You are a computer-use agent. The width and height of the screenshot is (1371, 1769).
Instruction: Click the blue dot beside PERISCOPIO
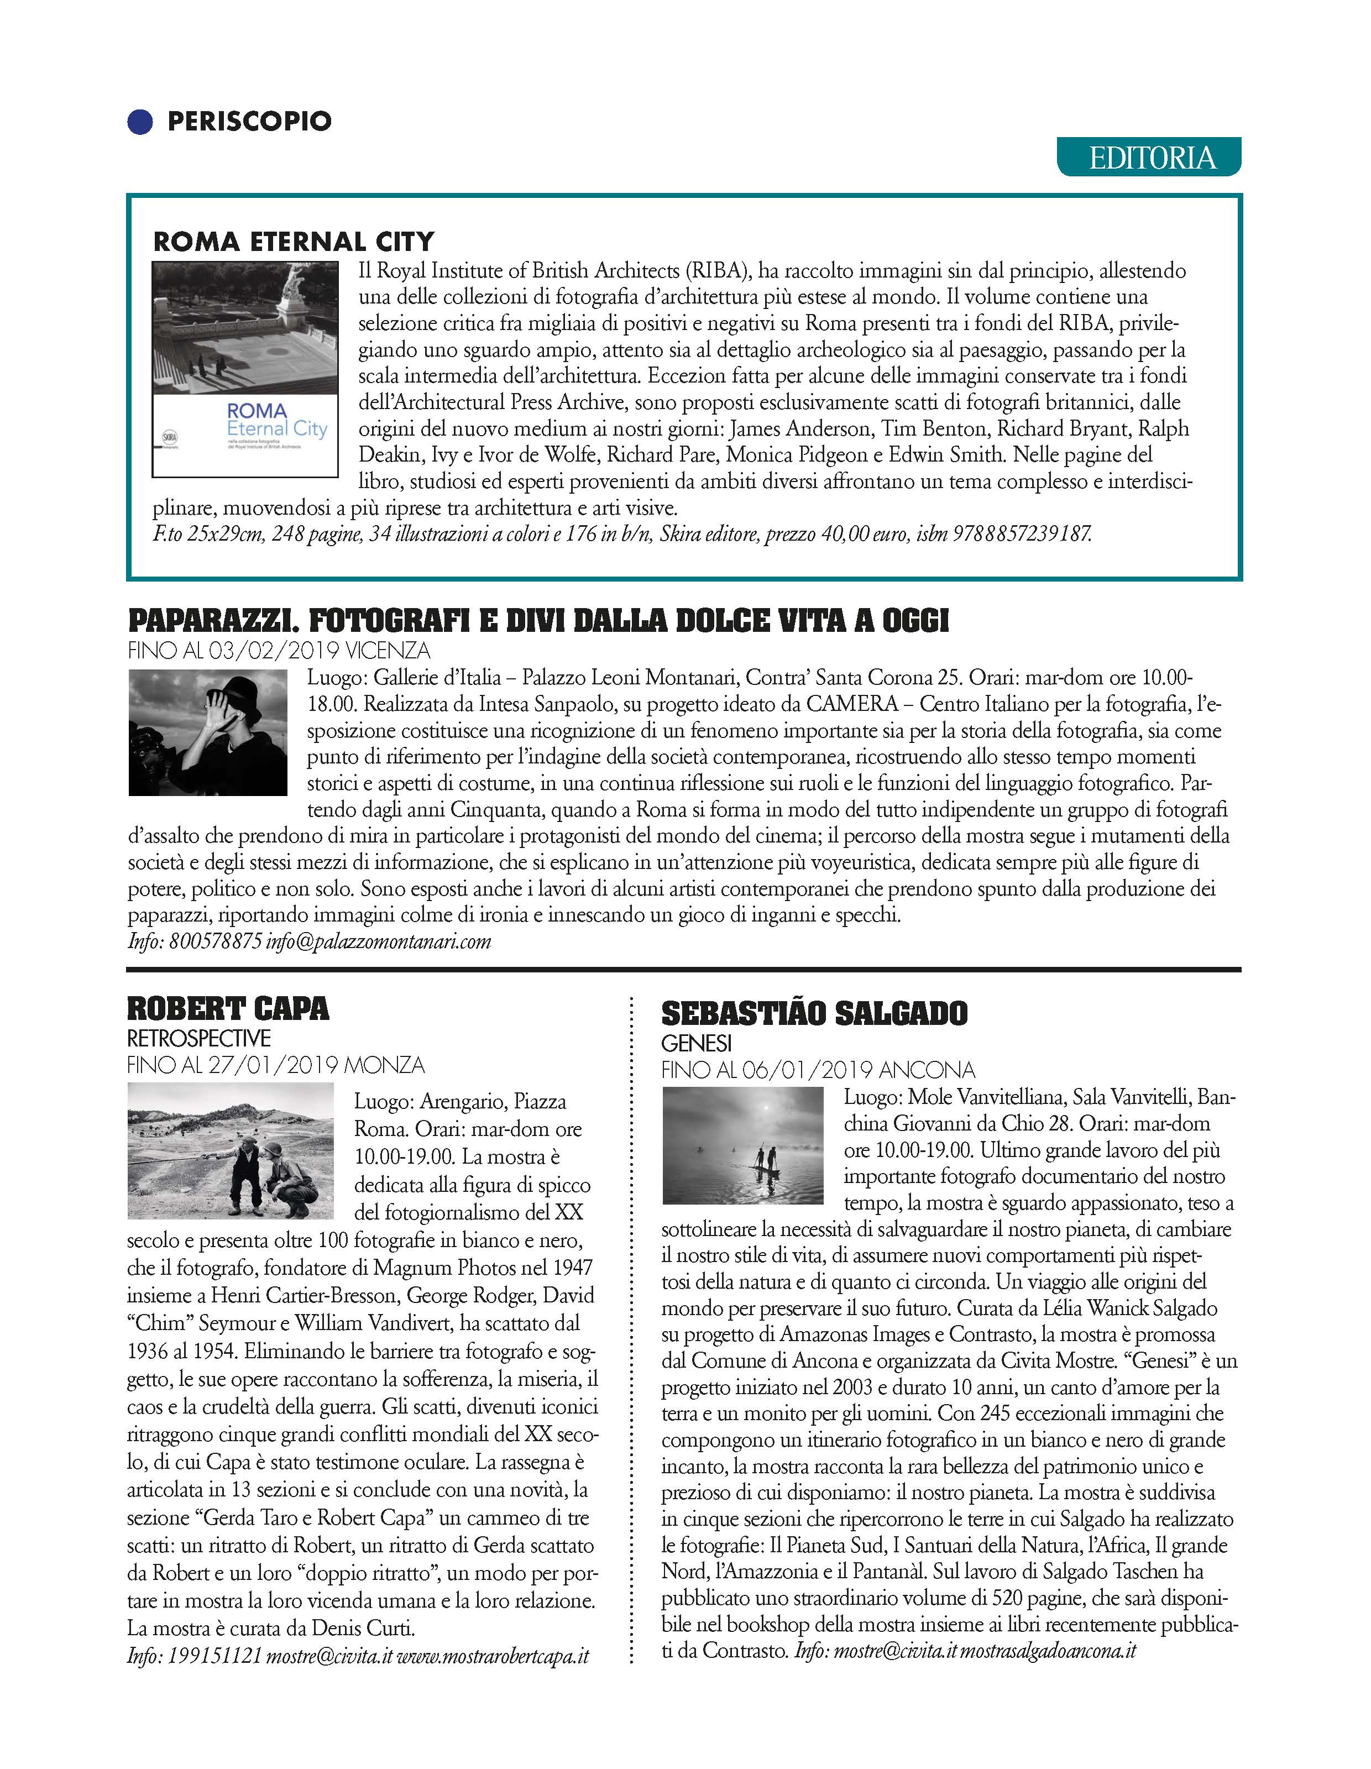coord(140,122)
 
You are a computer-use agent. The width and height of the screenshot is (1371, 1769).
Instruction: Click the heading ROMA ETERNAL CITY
coord(293,242)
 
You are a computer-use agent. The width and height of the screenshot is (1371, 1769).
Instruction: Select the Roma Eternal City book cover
coord(244,369)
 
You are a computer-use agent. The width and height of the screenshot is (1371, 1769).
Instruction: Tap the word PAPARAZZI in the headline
coord(209,621)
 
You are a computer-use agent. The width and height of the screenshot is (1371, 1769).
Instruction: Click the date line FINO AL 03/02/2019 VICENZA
coord(279,651)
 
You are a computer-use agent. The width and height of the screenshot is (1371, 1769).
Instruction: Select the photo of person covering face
coord(208,732)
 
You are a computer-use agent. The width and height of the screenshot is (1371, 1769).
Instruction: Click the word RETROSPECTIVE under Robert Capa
coord(198,1038)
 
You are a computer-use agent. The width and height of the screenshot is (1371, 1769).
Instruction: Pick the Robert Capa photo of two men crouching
coord(231,1151)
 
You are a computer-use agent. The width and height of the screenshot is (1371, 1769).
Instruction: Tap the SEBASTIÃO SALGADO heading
coord(814,1014)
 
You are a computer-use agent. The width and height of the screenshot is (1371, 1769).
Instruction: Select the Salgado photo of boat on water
coord(742,1145)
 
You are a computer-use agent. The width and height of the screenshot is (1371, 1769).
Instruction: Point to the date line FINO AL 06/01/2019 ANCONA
coord(818,1070)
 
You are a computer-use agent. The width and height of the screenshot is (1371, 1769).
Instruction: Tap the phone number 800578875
coord(216,941)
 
